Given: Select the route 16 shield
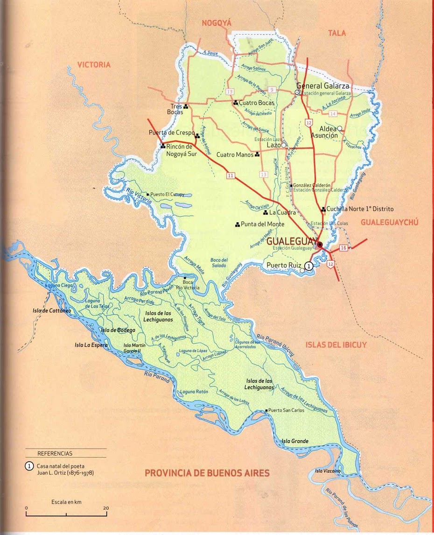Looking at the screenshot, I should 343,248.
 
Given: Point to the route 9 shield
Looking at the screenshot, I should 272,89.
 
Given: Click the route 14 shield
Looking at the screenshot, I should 332,113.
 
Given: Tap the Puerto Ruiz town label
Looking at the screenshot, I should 284,265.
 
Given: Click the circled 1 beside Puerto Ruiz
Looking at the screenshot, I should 308,266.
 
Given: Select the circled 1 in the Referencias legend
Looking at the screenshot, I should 29,466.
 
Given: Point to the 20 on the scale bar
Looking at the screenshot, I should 106,508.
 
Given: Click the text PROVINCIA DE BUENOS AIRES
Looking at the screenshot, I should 207,473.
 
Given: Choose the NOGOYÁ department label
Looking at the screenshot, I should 217,23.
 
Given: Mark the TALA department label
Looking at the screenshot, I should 336,33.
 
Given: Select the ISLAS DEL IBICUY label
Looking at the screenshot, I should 336,345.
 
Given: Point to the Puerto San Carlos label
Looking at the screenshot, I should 286,410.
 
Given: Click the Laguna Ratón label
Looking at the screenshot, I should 195,392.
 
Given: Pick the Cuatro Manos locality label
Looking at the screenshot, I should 235,155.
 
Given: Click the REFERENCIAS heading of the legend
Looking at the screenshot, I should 55,453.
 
